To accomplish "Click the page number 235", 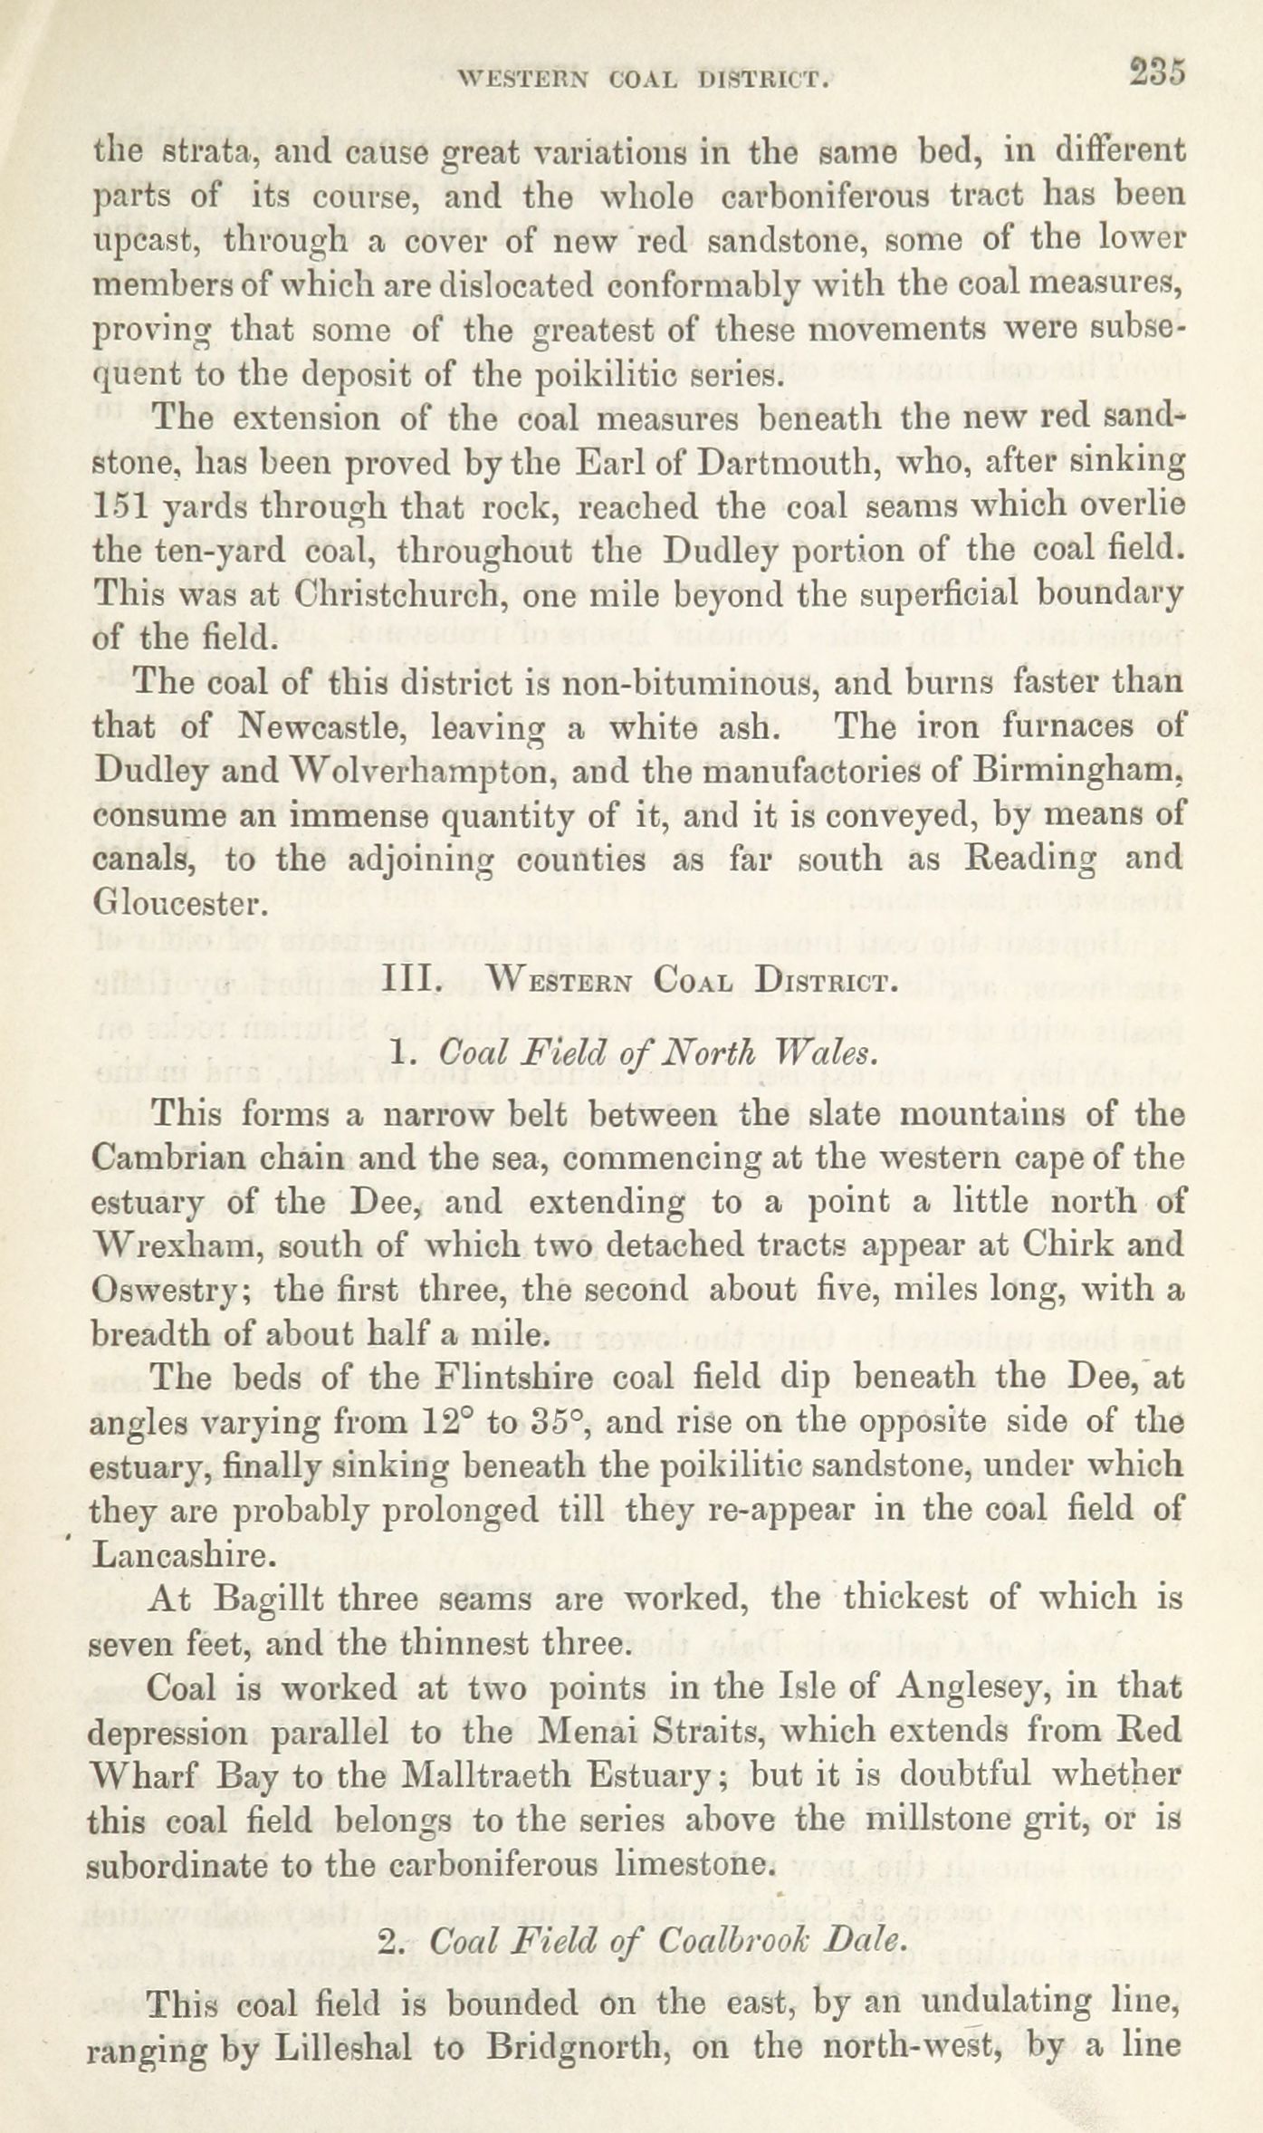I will pyautogui.click(x=1156, y=73).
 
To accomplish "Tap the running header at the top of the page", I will pyautogui.click(x=644, y=80).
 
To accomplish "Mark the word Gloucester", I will pyautogui.click(x=178, y=903).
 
